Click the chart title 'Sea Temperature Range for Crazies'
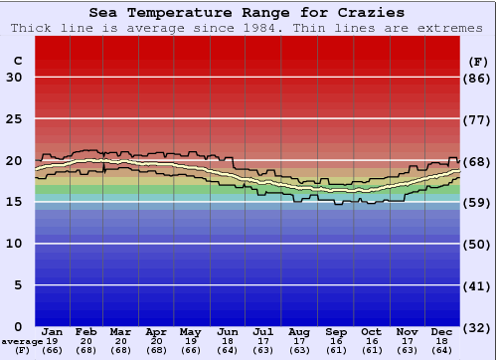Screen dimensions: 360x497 (247, 13)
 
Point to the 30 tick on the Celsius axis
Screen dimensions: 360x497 (14, 78)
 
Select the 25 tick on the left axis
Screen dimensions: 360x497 (14, 119)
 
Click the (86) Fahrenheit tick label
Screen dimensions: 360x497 (478, 78)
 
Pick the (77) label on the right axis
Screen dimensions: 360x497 (478, 119)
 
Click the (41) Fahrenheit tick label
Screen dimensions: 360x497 (478, 285)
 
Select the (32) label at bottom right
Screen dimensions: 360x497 (478, 327)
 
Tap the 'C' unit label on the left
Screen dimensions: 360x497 (17, 62)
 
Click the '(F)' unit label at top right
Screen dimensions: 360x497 (477, 62)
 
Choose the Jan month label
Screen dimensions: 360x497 (54, 331)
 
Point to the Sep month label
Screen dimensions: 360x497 (335, 331)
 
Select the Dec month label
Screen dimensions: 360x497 (442, 331)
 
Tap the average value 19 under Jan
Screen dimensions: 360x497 (54, 341)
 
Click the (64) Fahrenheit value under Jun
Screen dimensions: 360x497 (228, 350)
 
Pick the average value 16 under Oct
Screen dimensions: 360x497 (371, 341)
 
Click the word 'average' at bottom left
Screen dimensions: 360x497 (22, 341)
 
